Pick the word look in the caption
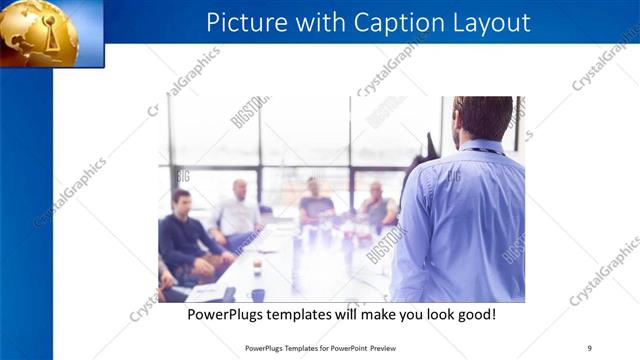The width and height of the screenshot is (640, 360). pyautogui.click(x=432, y=314)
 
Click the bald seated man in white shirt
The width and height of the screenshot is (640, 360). pyautogui.click(x=238, y=212)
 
